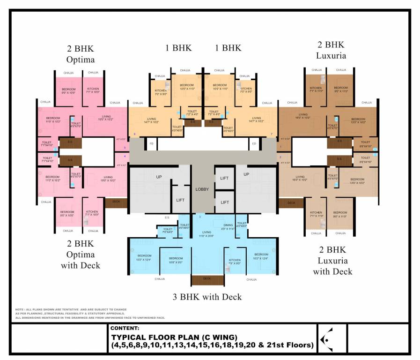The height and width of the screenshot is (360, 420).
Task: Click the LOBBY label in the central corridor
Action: point(202,189)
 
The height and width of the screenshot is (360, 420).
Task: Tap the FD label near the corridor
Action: point(151,143)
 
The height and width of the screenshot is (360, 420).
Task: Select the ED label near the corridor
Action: point(254,143)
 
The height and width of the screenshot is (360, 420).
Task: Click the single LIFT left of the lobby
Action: point(180,200)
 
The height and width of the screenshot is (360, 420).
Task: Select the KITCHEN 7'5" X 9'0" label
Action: point(235,262)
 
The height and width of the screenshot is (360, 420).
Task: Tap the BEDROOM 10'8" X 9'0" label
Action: point(176,260)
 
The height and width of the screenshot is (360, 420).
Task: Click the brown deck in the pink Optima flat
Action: point(113,202)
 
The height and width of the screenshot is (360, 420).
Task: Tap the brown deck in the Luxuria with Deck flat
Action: point(291,202)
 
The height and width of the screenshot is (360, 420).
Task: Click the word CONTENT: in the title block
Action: point(125,329)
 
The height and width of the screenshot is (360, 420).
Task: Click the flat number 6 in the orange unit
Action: point(135,135)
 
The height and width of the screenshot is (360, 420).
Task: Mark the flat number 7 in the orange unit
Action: point(271,135)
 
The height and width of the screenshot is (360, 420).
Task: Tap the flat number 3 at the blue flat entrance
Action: point(199,217)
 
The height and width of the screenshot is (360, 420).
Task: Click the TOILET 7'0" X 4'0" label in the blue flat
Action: point(167,230)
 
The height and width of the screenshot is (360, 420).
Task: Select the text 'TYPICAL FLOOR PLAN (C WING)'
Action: point(174,337)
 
